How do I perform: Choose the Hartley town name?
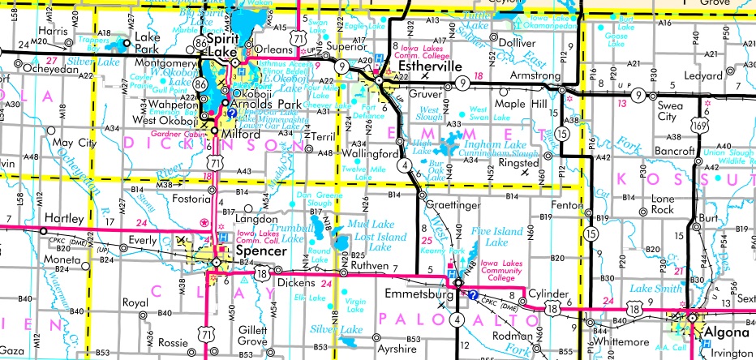click(64, 220)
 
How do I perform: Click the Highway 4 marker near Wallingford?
click(402, 166)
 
